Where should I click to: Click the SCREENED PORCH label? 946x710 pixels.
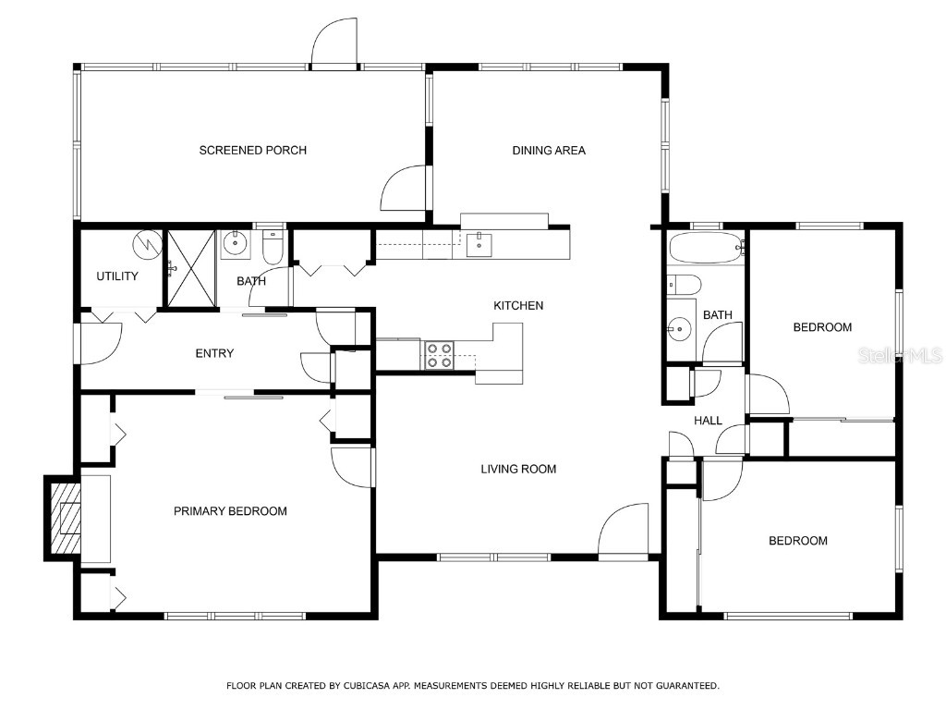point(252,151)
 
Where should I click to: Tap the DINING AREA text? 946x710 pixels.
point(549,151)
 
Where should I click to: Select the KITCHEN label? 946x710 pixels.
point(518,306)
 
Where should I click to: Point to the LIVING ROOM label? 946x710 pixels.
point(518,470)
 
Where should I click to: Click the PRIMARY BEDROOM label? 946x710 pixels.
point(230,511)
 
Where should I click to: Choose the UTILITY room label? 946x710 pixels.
point(117,276)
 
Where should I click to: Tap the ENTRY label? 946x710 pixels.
point(214,353)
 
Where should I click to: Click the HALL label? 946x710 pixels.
point(708,421)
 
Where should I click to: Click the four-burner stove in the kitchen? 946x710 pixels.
point(439,355)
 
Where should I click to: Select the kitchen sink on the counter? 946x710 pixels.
point(479,244)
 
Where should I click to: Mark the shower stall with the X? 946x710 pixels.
point(190,267)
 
